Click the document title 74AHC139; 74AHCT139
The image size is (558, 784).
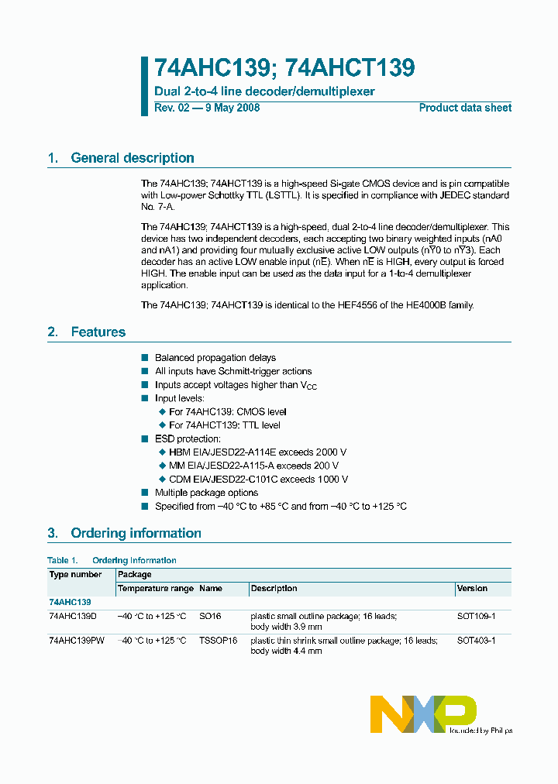pyautogui.click(x=284, y=69)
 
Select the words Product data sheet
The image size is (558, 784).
pyautogui.click(x=465, y=108)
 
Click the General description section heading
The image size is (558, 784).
pyautogui.click(x=132, y=158)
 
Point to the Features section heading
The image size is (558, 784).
pyautogui.click(x=98, y=332)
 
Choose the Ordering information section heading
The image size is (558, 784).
pyautogui.click(x=136, y=533)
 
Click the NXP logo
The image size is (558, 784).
pyautogui.click(x=423, y=714)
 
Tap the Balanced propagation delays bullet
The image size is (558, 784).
pyautogui.click(x=215, y=358)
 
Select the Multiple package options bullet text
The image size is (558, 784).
pyautogui.click(x=206, y=493)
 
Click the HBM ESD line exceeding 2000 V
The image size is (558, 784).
pyautogui.click(x=257, y=452)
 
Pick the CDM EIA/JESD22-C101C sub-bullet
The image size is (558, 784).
pyautogui.click(x=258, y=480)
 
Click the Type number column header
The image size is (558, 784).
pyautogui.click(x=75, y=575)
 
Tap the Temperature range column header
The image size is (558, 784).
pyautogui.click(x=155, y=589)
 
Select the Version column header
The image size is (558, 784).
pyautogui.click(x=472, y=589)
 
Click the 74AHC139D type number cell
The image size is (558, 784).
pyautogui.click(x=73, y=616)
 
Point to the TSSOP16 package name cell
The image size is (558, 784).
pyautogui.click(x=218, y=641)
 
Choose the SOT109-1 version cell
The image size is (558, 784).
pyautogui.click(x=476, y=616)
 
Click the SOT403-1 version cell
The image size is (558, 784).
pyautogui.click(x=476, y=641)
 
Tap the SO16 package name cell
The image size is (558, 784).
pyautogui.click(x=210, y=616)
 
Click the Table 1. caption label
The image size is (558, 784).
pyautogui.click(x=63, y=560)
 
